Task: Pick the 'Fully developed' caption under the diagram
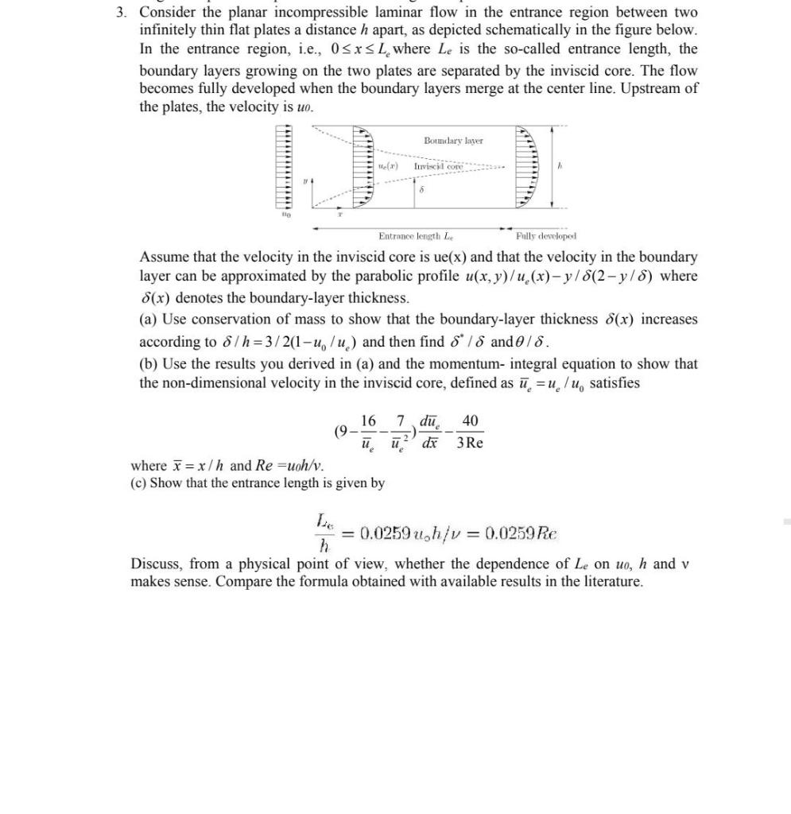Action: (545, 236)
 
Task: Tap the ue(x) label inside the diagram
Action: (387, 167)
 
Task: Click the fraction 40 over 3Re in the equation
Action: (470, 431)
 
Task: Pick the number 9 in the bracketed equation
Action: (343, 431)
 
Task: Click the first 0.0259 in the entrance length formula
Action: (386, 533)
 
